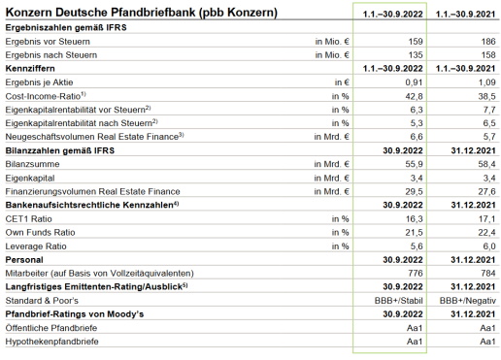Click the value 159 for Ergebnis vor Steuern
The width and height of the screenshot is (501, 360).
pyautogui.click(x=411, y=42)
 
